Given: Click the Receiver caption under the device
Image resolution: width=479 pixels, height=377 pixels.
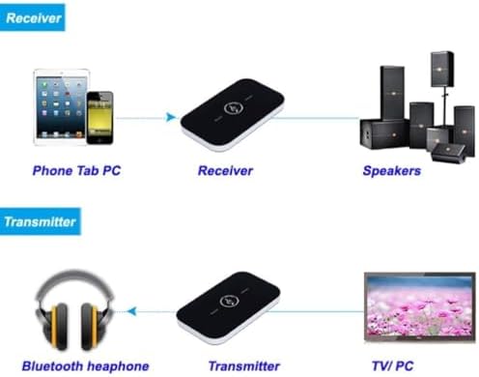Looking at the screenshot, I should tap(224, 170).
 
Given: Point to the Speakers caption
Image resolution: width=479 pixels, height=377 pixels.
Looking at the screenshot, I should tap(391, 170).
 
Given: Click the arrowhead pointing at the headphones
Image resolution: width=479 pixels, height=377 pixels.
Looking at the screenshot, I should tap(131, 311).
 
